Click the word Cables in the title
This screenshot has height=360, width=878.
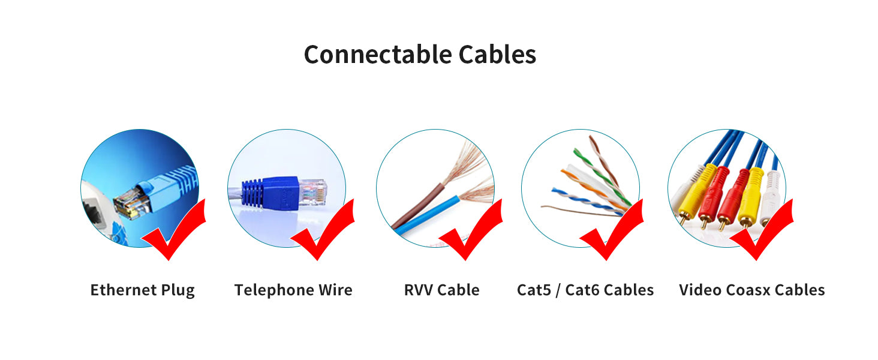coord(497,55)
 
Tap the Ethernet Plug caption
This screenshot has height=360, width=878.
coord(143,290)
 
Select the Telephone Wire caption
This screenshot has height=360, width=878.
coord(293,290)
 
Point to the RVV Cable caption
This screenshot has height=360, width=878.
coord(441,290)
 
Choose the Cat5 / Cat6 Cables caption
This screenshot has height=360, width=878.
coord(585,290)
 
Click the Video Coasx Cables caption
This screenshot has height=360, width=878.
coord(751,290)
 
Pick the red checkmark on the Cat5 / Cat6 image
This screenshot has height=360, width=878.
coord(615,234)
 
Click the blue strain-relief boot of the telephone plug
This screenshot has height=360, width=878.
coord(258,192)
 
